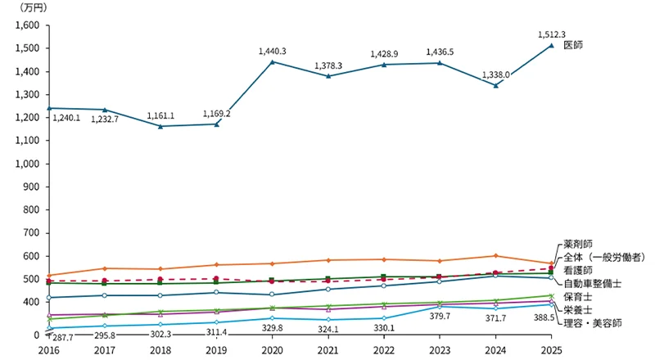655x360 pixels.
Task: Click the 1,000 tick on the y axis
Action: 27,164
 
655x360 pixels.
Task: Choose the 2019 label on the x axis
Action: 216,348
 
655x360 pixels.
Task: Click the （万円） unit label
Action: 33,7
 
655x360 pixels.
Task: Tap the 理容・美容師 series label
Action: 591,322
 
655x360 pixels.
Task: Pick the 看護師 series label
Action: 580,269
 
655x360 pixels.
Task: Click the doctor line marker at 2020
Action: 272,62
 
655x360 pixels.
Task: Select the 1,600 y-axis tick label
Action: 27,25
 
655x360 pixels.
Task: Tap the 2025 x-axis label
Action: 550,348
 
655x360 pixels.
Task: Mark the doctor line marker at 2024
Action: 495,85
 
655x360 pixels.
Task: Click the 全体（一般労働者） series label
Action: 605,257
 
